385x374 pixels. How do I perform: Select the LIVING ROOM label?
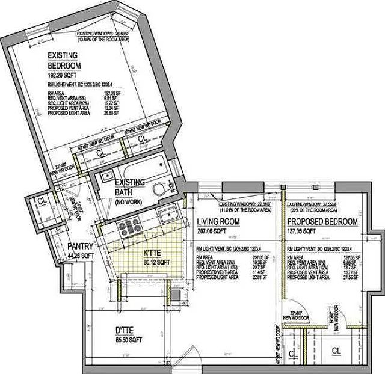[218, 222]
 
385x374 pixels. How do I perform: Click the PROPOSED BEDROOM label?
[322, 222]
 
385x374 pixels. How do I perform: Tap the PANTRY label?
[79, 246]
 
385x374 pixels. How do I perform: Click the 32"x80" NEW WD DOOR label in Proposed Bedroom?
[299, 315]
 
